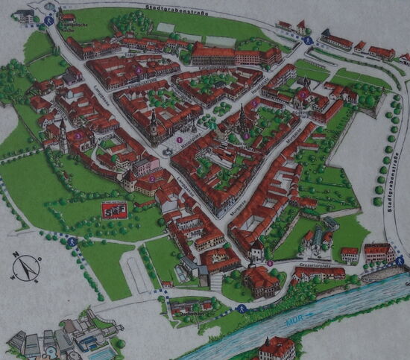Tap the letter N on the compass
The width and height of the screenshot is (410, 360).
pos(16,257)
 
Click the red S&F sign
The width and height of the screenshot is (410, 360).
pos(114,209)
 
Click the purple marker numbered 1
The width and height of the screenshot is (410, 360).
pos(179,139)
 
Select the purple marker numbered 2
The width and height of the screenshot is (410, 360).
pos(152,179)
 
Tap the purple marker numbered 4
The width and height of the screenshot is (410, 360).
pos(139,69)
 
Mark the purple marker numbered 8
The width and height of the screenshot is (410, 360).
pos(269,263)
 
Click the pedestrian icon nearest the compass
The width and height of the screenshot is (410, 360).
pos(72,242)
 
